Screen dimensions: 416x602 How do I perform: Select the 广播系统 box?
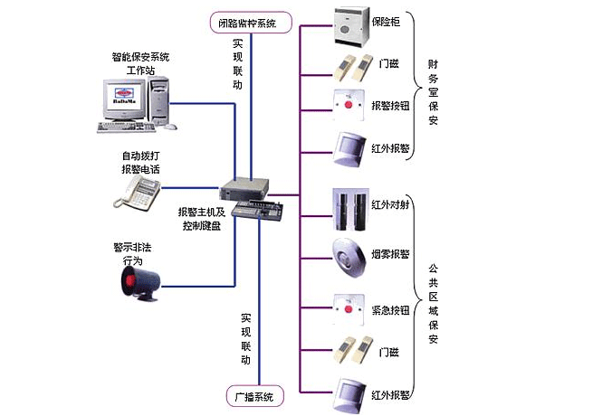(254, 396)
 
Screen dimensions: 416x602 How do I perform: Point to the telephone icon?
(139, 191)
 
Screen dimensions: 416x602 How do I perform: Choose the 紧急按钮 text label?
(390, 309)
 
